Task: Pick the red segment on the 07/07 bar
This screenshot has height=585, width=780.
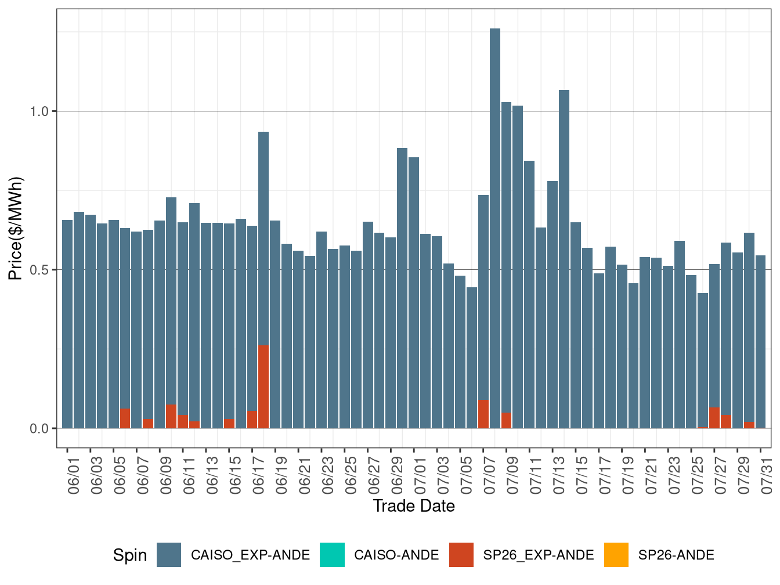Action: click(483, 414)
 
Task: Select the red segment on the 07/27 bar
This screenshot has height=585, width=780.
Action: click(714, 418)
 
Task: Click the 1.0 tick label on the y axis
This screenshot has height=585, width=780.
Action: click(40, 111)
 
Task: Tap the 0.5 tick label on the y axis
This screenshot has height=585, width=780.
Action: click(40, 270)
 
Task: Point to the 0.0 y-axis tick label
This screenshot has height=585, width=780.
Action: click(40, 429)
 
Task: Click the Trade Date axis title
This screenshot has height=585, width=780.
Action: click(414, 506)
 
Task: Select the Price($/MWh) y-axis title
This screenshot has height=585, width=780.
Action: click(16, 228)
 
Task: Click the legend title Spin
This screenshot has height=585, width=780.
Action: click(130, 555)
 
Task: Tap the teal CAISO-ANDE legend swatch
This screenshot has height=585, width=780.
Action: click(332, 555)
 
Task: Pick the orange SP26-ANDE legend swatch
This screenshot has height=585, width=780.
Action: click(616, 555)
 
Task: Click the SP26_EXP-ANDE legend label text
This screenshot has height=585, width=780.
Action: click(539, 555)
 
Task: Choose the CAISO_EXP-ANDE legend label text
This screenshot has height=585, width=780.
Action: click(250, 555)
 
